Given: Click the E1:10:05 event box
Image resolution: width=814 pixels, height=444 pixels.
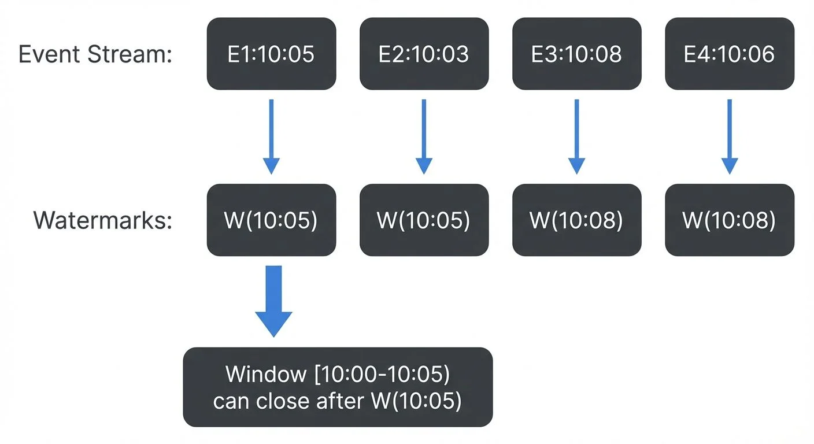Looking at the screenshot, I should click(x=271, y=54).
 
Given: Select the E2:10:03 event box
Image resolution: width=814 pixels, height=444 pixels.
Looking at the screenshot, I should click(x=424, y=54).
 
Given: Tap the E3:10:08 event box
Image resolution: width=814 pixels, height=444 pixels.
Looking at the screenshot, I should click(x=576, y=54).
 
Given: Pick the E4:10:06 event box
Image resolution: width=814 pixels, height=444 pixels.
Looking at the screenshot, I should click(x=729, y=54).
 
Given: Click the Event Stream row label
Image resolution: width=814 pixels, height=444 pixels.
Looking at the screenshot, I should click(x=95, y=54).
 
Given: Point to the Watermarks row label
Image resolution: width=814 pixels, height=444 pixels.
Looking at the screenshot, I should click(x=103, y=221).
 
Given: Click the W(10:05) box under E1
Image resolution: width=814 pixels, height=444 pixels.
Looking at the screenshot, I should click(x=271, y=220).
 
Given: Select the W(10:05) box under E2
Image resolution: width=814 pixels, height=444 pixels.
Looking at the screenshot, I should click(x=424, y=220).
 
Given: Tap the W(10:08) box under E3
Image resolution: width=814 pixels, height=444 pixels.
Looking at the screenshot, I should click(x=576, y=220).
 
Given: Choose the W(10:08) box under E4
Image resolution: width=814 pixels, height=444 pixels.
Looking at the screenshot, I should click(x=729, y=220).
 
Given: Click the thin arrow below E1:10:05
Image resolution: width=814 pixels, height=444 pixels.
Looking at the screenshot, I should click(x=271, y=136).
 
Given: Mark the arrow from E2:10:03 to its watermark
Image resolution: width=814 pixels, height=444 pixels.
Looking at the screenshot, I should click(x=424, y=136).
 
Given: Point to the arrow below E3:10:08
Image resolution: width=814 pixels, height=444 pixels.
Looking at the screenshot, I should click(x=576, y=136).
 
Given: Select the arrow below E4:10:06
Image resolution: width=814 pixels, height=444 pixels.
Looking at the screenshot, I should click(x=729, y=136).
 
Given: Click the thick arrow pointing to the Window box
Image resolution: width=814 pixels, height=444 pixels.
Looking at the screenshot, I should click(x=273, y=301).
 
